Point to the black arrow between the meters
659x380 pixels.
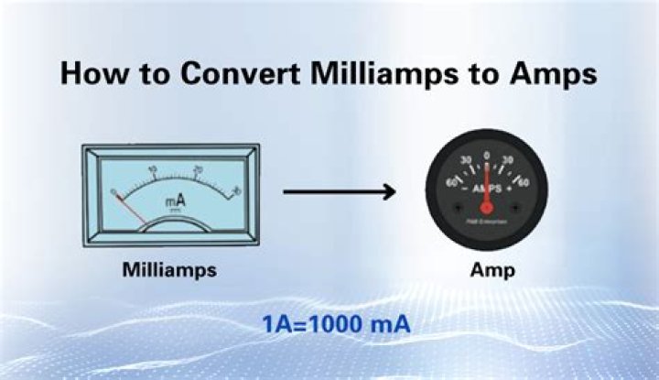339,191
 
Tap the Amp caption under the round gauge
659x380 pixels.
488,271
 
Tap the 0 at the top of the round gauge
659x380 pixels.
486,155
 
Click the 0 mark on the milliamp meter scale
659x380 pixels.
113,190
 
